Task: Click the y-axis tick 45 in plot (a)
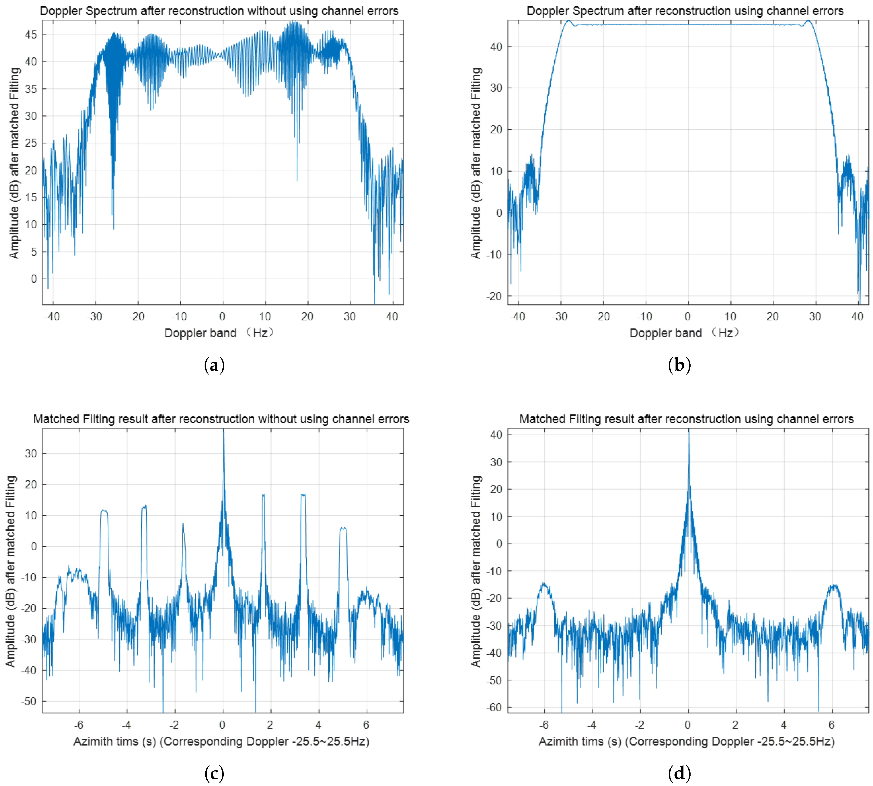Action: tap(31, 34)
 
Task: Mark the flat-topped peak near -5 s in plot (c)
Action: tap(104, 511)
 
